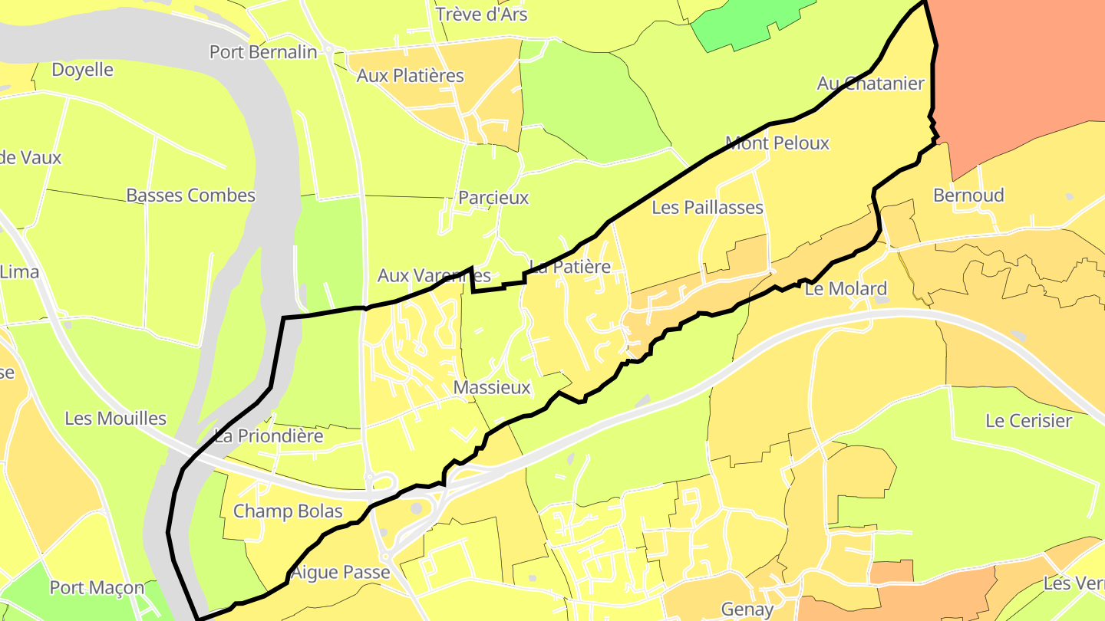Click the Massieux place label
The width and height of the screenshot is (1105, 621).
492,388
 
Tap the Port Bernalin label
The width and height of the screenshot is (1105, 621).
263,52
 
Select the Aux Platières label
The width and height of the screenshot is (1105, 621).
411,76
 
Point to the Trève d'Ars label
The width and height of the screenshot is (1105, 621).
481,15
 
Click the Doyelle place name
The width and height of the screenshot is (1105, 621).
82,70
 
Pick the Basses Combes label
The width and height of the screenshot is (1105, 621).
190,195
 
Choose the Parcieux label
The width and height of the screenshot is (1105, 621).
493,198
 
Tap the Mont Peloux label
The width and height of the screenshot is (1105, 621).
777,143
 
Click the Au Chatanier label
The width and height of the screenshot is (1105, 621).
871,84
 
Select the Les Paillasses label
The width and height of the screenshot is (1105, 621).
708,208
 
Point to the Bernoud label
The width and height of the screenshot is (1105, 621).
968,195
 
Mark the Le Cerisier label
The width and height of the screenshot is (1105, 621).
1028,421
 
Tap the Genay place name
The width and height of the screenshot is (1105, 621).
747,609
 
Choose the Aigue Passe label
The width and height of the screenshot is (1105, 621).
341,573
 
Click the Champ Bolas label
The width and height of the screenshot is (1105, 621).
288,511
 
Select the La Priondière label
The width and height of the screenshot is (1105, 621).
269,436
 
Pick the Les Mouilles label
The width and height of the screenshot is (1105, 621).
116,419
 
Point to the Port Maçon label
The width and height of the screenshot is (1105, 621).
97,588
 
